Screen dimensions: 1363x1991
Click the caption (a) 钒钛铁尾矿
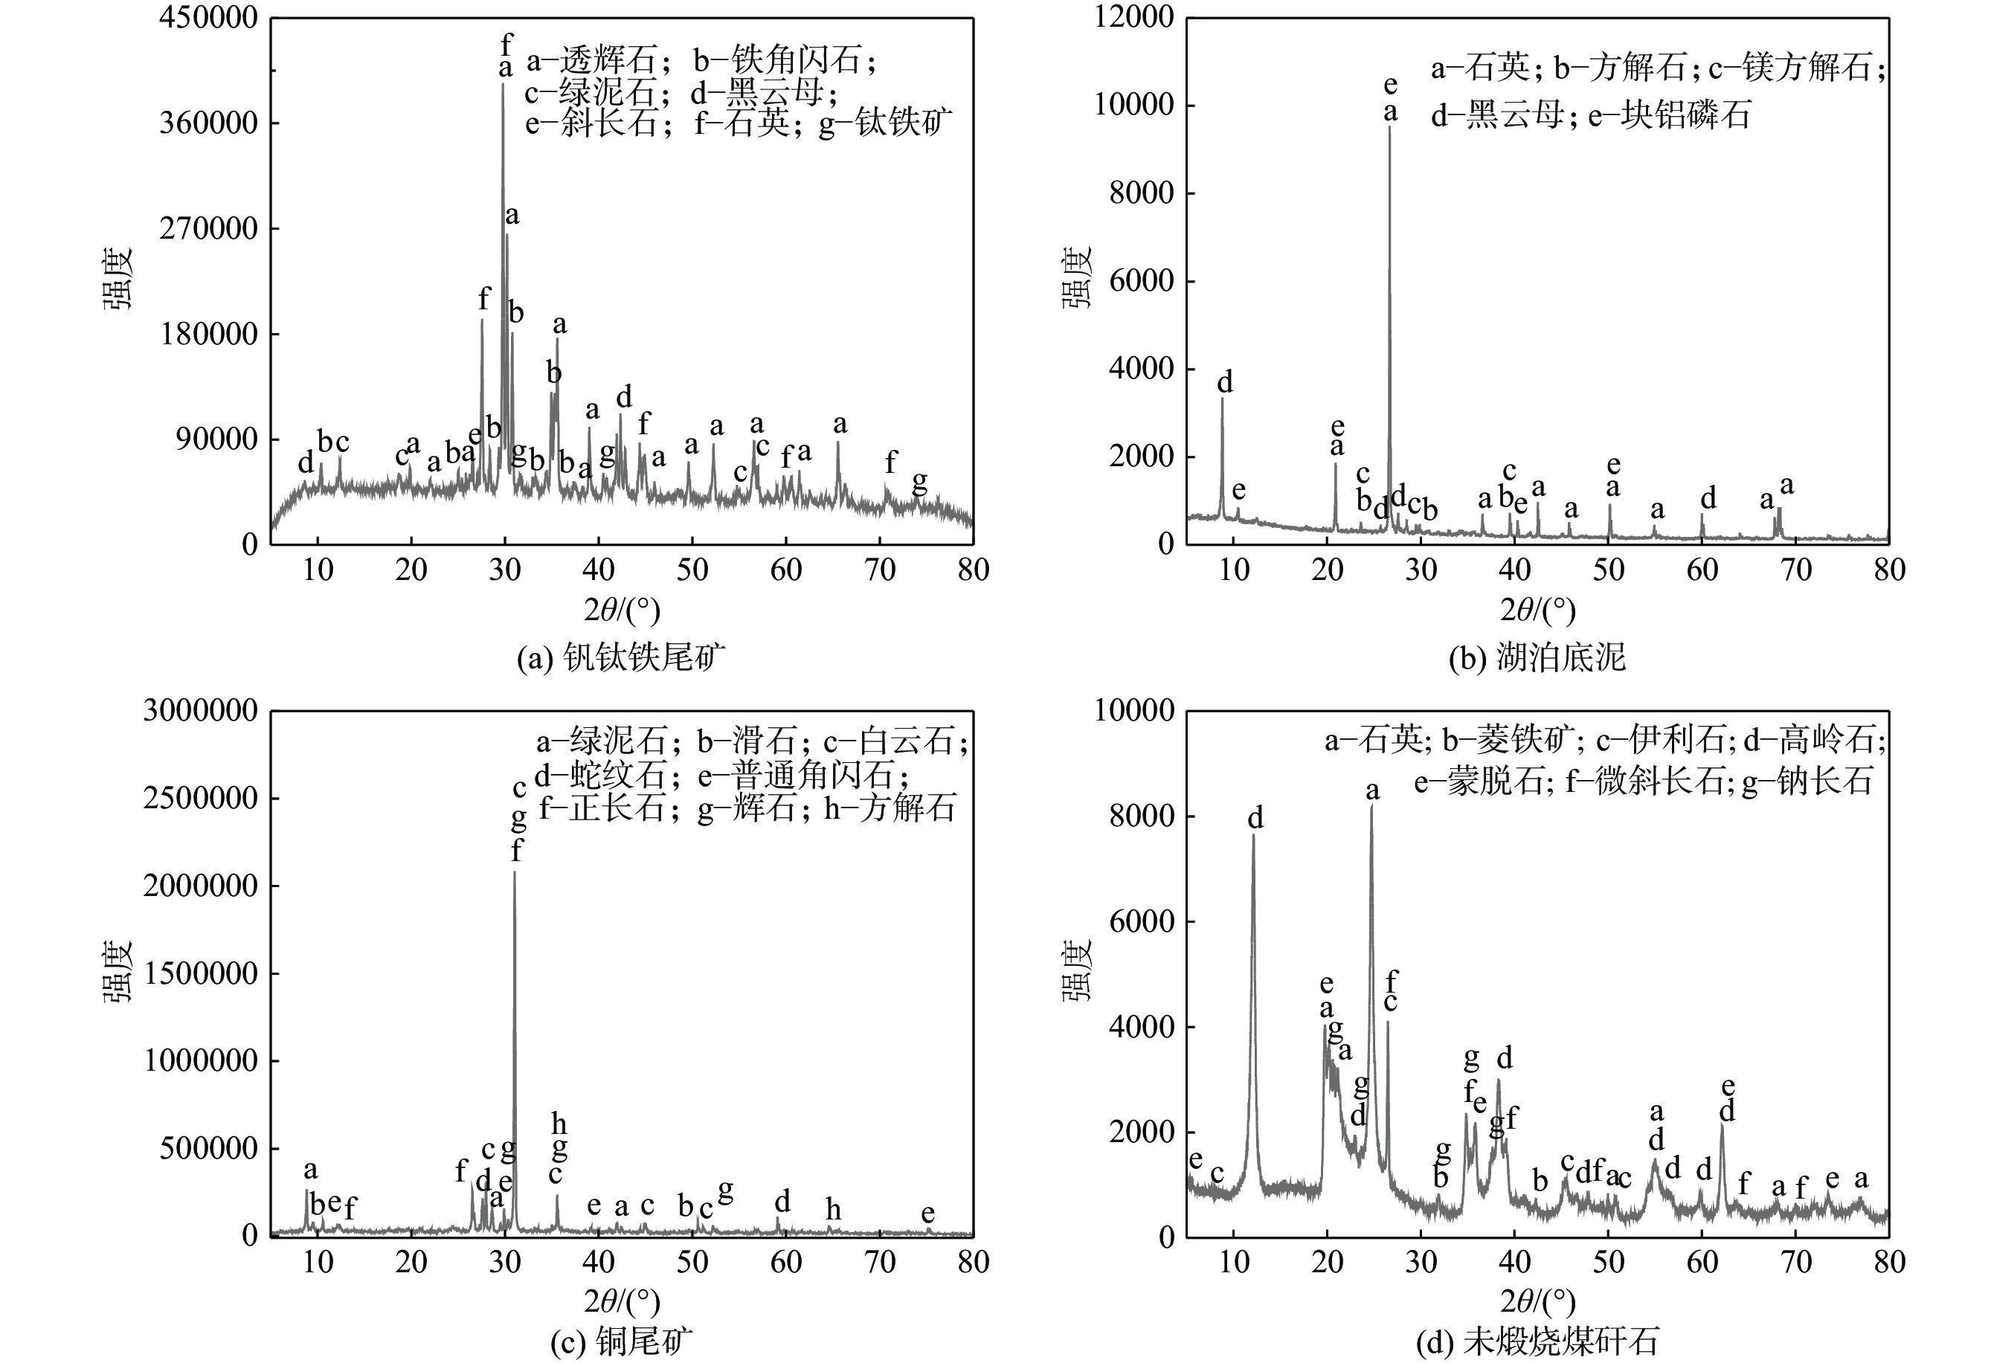pyautogui.click(x=621, y=658)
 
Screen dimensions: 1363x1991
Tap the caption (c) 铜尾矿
pyautogui.click(x=621, y=1341)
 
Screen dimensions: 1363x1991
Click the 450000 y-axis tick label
pyautogui.click(x=208, y=17)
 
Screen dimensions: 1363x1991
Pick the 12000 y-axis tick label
pyautogui.click(x=1133, y=17)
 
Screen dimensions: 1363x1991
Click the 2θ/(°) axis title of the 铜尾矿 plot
pyautogui.click(x=622, y=1301)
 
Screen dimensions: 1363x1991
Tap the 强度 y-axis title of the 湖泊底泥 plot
pyautogui.click(x=1077, y=277)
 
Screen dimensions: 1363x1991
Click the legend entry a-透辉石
pyautogui.click(x=591, y=61)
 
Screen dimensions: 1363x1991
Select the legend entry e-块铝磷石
pyautogui.click(x=1669, y=114)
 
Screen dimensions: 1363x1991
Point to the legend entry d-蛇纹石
pyautogui.click(x=599, y=776)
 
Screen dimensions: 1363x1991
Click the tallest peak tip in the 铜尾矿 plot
pyautogui.click(x=514, y=872)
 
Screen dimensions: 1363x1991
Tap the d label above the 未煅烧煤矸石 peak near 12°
pyautogui.click(x=1255, y=819)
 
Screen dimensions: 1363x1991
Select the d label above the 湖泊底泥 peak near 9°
pyautogui.click(x=1225, y=382)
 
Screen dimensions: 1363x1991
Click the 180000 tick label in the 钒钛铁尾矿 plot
pyautogui.click(x=208, y=334)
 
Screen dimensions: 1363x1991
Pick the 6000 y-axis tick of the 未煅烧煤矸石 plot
pyautogui.click(x=1141, y=921)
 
